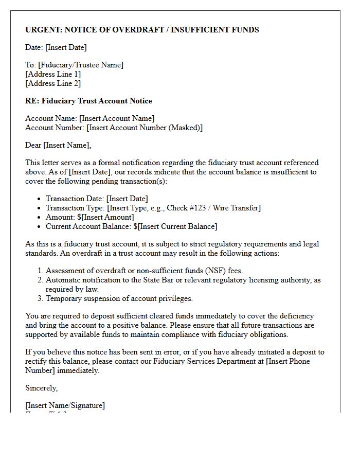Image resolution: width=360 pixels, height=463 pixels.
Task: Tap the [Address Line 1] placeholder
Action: pos(53,74)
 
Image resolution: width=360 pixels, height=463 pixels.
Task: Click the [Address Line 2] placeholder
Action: pos(53,83)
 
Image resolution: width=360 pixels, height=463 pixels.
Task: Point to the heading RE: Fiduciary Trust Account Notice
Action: pos(88,101)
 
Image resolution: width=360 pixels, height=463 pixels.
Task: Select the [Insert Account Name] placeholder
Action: pos(117,118)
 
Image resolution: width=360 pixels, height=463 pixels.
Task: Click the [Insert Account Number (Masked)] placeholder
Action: pos(145,128)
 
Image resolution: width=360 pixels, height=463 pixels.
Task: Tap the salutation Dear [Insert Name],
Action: pos(58,145)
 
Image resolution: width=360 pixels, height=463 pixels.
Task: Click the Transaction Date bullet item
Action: pos(97,199)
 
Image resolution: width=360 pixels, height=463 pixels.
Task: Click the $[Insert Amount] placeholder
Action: pos(105,217)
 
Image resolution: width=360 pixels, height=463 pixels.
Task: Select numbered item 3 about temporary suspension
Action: pos(119,298)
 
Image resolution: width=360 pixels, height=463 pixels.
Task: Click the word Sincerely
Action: pos(41,388)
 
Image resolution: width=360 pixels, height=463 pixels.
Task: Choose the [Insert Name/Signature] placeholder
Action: pos(65,405)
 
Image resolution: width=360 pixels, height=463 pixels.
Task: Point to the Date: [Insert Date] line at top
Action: pos(56,47)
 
